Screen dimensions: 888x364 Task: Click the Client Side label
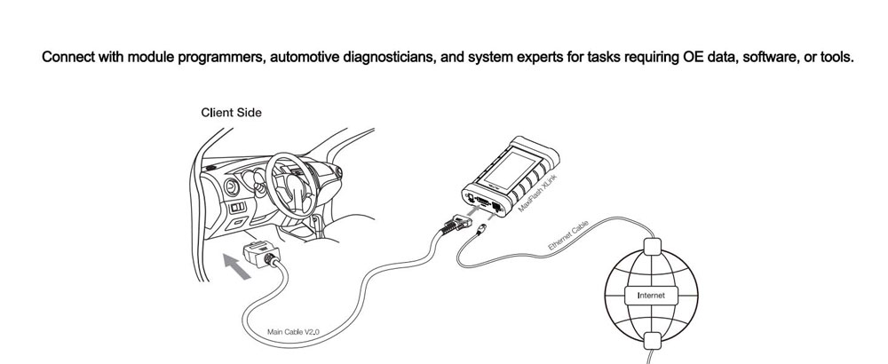[x=231, y=113]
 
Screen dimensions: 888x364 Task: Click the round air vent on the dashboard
[x=232, y=187]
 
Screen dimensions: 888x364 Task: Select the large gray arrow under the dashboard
[x=236, y=266]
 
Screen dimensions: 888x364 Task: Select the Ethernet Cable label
[x=568, y=235]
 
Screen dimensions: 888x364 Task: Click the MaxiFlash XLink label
[x=538, y=194]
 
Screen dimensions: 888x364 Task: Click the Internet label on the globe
[x=651, y=295]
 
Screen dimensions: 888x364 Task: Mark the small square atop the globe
[x=653, y=247]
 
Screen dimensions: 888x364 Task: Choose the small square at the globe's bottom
[x=653, y=341]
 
